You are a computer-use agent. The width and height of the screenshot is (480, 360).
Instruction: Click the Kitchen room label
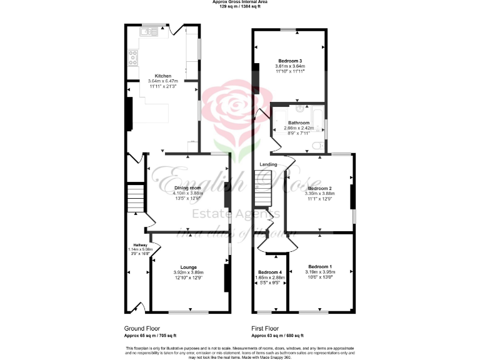coord(162,76)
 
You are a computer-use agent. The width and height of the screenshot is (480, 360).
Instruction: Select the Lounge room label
coord(188,266)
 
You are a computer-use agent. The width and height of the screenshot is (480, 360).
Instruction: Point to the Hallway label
coord(139,244)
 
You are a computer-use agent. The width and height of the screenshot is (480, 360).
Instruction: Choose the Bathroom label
coord(298,123)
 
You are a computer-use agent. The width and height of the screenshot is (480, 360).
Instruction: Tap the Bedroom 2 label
coord(319,188)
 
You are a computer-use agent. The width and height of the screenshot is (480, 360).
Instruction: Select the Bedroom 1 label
coord(321,266)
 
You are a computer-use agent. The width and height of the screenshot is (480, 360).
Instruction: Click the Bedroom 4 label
coord(271,272)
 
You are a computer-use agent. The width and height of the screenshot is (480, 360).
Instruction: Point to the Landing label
coord(269,164)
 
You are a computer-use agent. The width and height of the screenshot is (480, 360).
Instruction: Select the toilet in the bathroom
coord(319,146)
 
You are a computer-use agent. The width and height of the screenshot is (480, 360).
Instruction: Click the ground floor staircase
coord(136,199)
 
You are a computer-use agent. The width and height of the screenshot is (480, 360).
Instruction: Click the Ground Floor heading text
coord(142,327)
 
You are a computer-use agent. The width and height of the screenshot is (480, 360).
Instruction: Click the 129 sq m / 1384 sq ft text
coord(240,6)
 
